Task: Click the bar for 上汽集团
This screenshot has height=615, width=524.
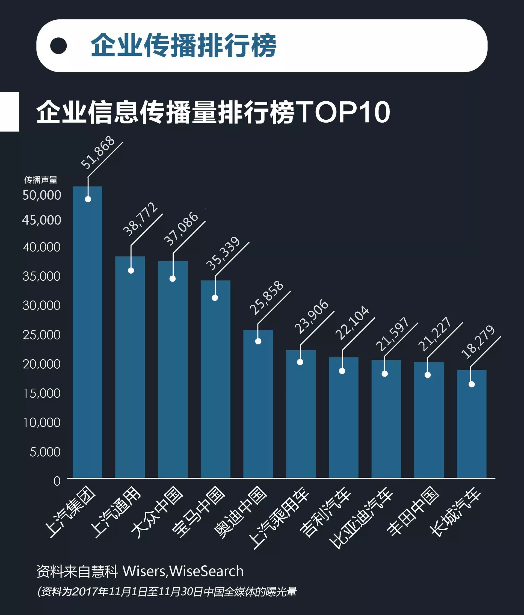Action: coord(88,332)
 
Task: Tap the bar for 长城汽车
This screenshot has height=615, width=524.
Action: coord(472,424)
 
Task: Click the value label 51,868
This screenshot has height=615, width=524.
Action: coord(98,153)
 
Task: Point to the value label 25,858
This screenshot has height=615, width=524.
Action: coord(267,298)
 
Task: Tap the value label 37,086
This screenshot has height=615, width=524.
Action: coord(181,229)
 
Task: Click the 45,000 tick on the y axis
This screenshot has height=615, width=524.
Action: coord(42,220)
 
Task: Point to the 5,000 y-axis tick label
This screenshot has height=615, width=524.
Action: coord(45,452)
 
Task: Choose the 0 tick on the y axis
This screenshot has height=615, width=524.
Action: coord(57,481)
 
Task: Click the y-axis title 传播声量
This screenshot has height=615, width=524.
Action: coord(41,180)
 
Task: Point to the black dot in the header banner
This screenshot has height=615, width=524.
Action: coord(58,46)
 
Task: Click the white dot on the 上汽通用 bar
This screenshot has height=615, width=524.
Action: coord(131,270)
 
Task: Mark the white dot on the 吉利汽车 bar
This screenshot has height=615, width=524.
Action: coord(342,371)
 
